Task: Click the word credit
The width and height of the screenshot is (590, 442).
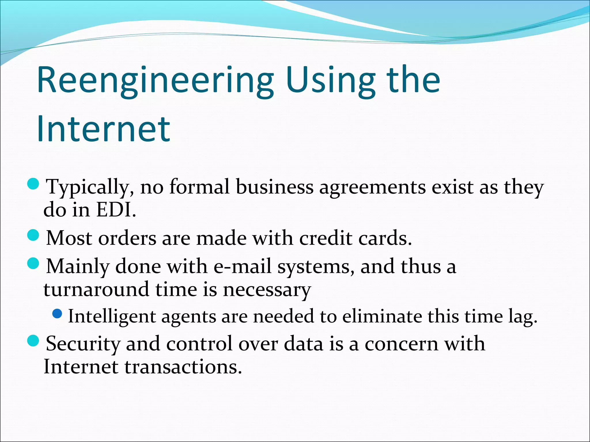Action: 326,238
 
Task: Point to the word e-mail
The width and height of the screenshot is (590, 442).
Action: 242,266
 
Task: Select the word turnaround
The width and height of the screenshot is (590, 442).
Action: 96,289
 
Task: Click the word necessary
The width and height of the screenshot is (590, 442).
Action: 267,290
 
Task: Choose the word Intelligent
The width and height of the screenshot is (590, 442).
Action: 112,317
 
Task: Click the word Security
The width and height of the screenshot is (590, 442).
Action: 83,344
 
